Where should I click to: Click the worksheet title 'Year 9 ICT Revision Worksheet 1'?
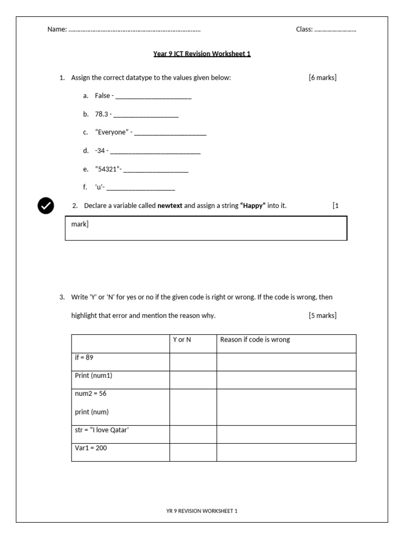point(202,54)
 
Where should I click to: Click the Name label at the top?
point(57,29)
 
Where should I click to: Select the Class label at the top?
point(304,29)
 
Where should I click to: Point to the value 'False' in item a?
point(102,96)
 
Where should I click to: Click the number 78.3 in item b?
point(101,114)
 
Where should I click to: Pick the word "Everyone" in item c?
point(111,132)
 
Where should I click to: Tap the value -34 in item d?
point(100,151)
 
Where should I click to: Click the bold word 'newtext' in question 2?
point(169,206)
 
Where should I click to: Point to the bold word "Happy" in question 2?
point(253,206)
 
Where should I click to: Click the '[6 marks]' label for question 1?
point(322,78)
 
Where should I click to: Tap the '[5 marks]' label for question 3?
point(322,316)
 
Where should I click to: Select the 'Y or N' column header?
point(182,340)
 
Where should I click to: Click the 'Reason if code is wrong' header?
point(255,340)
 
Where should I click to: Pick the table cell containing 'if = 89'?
point(120,362)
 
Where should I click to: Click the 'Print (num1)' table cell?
point(120,380)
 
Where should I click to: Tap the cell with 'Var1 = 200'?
point(120,452)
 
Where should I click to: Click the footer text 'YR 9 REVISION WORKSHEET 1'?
point(202,511)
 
